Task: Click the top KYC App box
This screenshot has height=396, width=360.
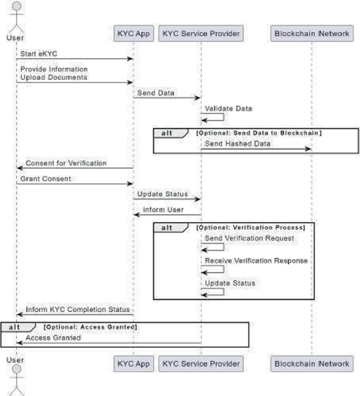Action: [x=133, y=33]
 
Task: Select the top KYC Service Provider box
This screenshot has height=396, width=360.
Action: [x=201, y=33]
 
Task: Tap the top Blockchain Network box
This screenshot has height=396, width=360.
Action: [x=312, y=33]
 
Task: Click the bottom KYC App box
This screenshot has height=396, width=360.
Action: [x=133, y=364]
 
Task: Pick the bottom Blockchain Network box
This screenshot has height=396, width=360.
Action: [x=312, y=364]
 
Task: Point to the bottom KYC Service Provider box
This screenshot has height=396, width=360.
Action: [x=201, y=364]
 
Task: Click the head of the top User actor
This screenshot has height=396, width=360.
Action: [x=17, y=6]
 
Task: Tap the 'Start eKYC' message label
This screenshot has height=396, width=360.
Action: [x=38, y=54]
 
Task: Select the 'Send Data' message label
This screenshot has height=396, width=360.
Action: [x=156, y=93]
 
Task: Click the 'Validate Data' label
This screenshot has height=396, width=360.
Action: [x=228, y=108]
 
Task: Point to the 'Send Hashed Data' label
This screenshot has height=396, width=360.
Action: [x=238, y=144]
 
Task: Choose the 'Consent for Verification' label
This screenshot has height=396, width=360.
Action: [x=66, y=163]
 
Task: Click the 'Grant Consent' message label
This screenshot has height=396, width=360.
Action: [x=46, y=179]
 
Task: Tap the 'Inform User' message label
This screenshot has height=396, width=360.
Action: [x=163, y=210]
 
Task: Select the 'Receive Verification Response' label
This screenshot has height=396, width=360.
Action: [x=256, y=261]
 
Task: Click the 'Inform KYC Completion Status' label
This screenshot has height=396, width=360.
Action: [x=78, y=309]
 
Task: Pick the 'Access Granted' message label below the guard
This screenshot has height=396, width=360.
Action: [x=53, y=338]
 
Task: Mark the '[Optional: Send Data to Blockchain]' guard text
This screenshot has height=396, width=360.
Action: [x=259, y=133]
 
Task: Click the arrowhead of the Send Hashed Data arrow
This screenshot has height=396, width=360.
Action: [x=308, y=149]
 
